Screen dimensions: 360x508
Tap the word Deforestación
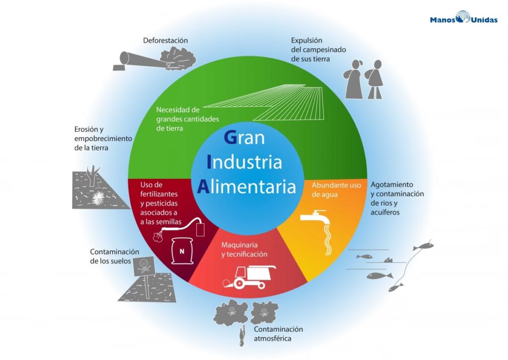165,40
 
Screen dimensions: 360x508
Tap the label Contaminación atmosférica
278,334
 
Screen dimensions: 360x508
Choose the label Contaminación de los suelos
115,256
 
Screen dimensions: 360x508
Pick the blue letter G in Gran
230,137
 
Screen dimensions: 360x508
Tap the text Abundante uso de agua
336,190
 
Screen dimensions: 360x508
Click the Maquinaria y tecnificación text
244,249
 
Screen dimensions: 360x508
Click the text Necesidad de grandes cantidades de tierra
181,119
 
